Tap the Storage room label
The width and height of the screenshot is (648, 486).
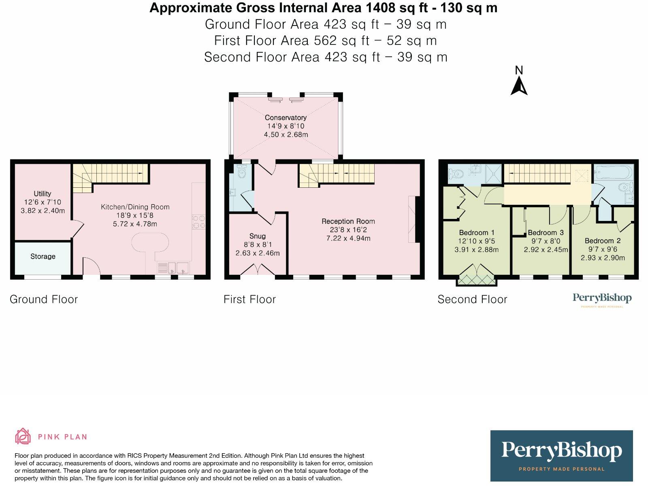(x=43, y=256)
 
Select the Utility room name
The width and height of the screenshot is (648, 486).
(x=43, y=193)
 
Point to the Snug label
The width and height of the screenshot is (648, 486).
(x=258, y=236)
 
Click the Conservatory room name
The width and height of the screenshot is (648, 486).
(x=286, y=117)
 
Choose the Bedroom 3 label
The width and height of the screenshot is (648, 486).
(x=546, y=232)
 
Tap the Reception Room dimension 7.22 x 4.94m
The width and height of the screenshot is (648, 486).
(x=348, y=238)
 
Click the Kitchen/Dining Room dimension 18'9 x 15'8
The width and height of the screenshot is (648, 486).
(x=135, y=215)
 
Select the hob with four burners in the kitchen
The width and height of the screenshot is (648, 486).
(x=199, y=222)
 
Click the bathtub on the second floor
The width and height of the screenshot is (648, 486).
(x=614, y=172)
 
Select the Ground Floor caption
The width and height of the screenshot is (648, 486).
(x=44, y=299)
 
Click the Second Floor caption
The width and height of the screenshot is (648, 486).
(x=472, y=299)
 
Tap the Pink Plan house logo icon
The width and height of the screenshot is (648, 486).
(x=23, y=436)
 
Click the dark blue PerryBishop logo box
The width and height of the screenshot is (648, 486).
(x=561, y=456)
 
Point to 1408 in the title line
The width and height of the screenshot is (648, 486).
(x=380, y=8)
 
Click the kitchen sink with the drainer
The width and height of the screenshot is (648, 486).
(x=173, y=268)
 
